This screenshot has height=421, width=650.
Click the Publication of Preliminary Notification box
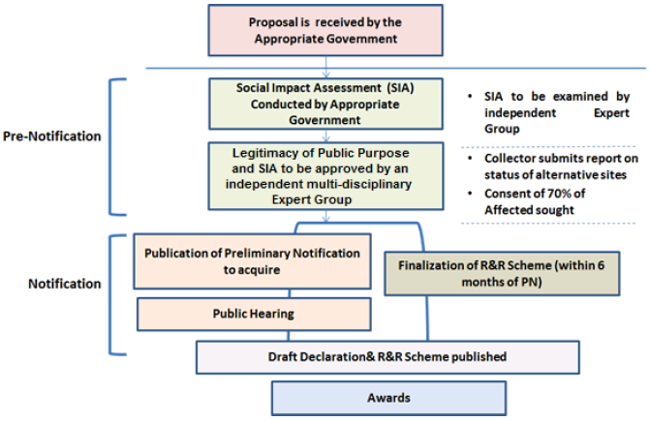[253, 261]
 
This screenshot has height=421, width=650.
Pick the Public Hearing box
[253, 314]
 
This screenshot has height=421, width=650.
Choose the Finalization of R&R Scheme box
[503, 275]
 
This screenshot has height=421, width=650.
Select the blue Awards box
[387, 397]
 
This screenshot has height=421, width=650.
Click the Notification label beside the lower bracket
[64, 284]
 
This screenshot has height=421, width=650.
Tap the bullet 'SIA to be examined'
[548, 111]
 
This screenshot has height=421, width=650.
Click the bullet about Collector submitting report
[548, 165]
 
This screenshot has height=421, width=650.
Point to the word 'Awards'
[387, 397]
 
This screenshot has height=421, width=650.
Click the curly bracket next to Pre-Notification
[119, 145]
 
